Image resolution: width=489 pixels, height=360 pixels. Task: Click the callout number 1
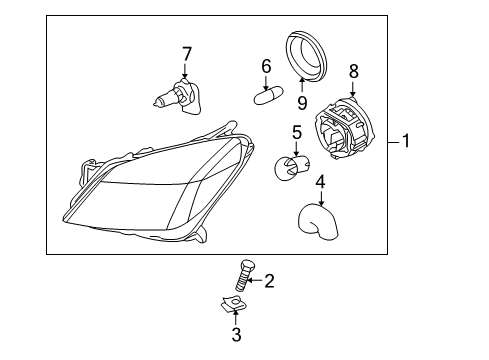click(x=405, y=142)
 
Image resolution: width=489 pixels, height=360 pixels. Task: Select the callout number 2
click(x=268, y=281)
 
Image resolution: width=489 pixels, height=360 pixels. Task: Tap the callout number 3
click(x=236, y=334)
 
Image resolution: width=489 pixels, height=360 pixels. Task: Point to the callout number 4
click(x=320, y=182)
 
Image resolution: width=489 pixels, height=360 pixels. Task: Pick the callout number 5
click(x=296, y=132)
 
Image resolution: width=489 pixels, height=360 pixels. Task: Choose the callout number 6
click(x=266, y=66)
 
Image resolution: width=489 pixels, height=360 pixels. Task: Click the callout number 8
click(x=352, y=70)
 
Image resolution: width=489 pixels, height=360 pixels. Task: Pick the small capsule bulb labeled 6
click(x=265, y=98)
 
